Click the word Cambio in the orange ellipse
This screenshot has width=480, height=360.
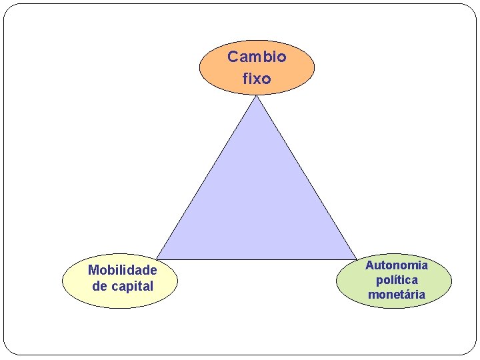coord(257,57)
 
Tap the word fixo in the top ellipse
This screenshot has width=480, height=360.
coord(257,79)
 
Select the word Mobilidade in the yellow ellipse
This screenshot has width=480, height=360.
coord(123,270)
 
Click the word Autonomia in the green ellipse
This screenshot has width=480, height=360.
coord(397,265)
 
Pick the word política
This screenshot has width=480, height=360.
coord(397,280)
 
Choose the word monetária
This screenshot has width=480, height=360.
coord(397,294)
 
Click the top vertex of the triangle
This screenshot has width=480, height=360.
coord(257,96)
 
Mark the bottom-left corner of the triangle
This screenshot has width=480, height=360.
coord(157,259)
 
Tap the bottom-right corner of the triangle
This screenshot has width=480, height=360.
coord(357,259)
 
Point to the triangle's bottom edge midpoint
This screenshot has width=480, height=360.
coord(257,259)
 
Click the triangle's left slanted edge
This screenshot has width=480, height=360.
coord(207,177)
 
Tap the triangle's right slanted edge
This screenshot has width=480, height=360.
coord(307,177)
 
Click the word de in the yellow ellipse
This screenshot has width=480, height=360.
coord(99,286)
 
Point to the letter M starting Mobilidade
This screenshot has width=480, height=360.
coord(93,270)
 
